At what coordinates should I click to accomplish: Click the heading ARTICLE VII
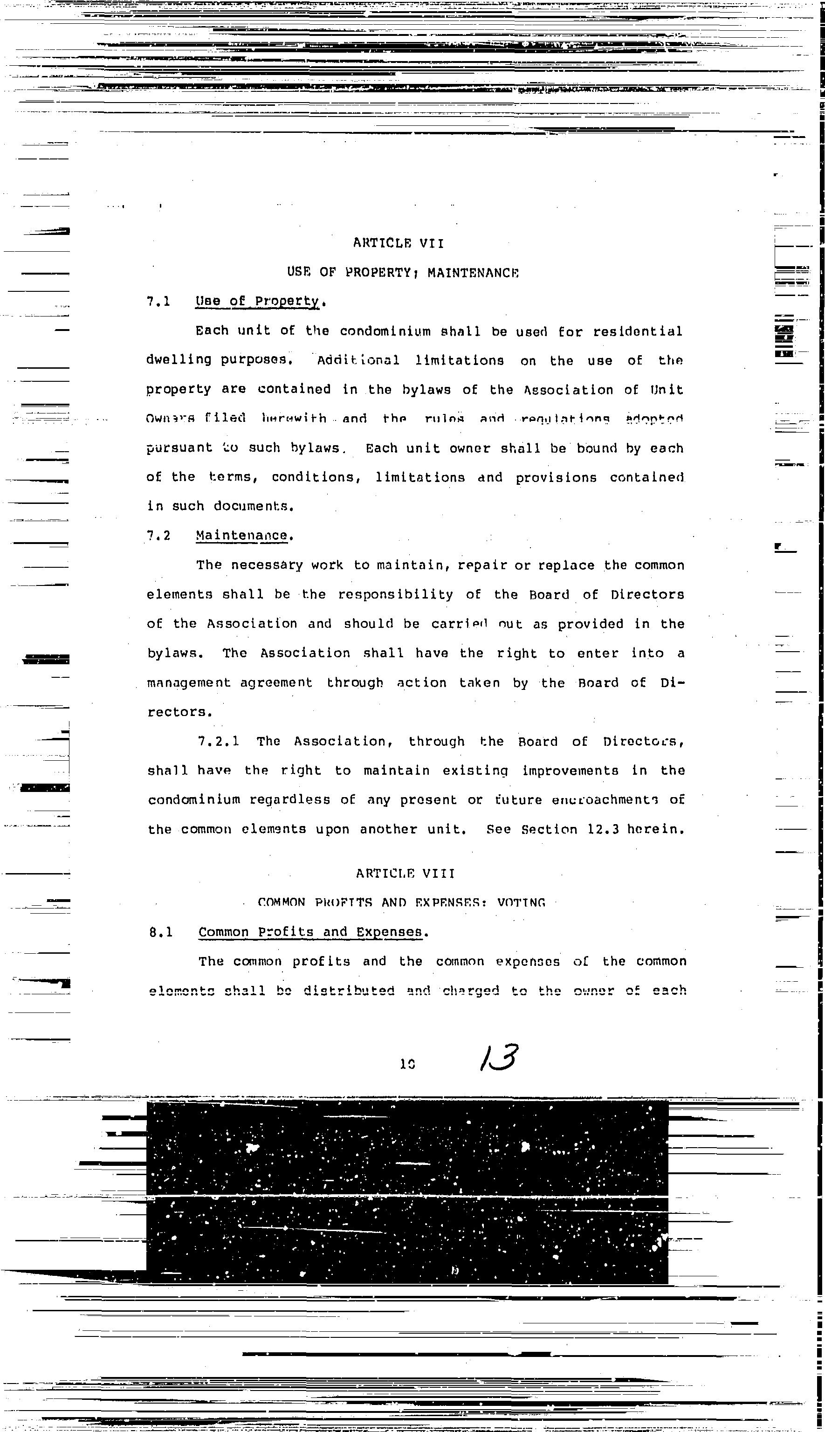399,243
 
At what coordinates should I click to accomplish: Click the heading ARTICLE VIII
405,873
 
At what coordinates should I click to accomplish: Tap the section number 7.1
158,302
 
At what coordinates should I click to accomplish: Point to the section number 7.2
158,536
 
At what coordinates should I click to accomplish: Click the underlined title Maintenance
241,536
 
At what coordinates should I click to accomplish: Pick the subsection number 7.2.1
218,741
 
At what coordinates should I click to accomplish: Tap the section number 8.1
161,932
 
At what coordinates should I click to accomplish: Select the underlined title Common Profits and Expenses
310,932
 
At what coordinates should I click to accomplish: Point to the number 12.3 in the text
604,830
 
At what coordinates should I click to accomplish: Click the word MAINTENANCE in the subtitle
473,273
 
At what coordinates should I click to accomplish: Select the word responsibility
396,594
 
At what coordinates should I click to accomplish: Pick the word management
189,683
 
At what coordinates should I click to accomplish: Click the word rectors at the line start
179,712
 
